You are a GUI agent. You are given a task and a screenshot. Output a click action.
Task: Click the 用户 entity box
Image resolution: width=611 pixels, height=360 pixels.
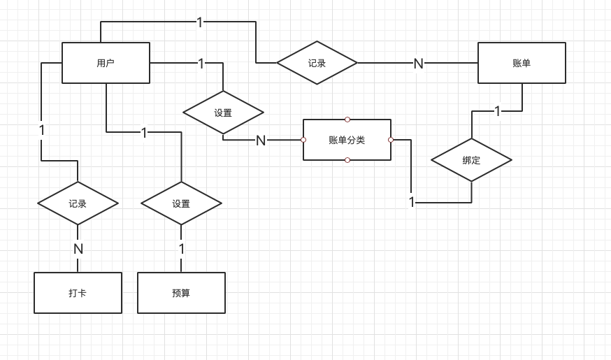click(x=106, y=63)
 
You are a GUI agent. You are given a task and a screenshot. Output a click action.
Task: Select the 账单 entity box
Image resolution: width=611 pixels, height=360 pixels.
click(x=522, y=63)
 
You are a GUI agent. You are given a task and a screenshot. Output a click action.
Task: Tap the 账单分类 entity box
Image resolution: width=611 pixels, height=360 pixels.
click(x=347, y=140)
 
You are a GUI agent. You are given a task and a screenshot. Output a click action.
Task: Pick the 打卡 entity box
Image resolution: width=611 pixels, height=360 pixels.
click(x=78, y=293)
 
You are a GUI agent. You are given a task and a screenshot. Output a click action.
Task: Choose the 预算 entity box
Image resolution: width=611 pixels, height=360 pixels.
click(x=181, y=293)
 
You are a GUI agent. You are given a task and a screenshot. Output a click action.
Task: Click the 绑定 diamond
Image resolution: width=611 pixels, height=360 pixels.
click(x=471, y=160)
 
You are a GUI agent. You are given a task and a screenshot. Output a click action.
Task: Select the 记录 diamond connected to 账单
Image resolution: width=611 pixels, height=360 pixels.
click(x=317, y=63)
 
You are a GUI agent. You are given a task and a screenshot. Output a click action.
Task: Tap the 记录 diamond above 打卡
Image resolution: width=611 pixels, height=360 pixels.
click(x=78, y=203)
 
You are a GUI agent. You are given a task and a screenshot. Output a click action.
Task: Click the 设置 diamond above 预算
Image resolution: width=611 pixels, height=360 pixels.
click(x=181, y=203)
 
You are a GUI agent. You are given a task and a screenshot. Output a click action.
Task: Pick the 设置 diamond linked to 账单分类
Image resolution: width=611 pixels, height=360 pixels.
click(x=223, y=112)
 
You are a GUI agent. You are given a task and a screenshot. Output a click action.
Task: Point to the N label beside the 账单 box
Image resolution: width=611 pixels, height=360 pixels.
click(x=418, y=64)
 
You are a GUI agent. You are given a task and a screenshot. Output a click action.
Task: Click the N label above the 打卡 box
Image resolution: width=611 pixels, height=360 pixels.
click(x=78, y=248)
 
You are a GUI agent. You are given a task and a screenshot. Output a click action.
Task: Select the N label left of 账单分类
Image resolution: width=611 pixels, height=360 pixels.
click(x=261, y=141)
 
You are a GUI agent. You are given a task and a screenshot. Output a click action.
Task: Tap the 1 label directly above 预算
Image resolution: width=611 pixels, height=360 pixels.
click(x=182, y=248)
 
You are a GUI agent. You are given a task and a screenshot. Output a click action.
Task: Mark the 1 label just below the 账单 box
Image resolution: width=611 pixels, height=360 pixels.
click(x=498, y=110)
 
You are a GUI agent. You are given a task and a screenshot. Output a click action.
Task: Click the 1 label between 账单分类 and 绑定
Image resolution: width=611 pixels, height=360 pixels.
click(x=412, y=202)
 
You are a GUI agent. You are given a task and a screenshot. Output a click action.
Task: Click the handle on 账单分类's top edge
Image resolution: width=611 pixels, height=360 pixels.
click(x=347, y=120)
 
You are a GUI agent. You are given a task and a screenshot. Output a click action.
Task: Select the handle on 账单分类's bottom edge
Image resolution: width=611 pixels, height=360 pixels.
click(x=347, y=160)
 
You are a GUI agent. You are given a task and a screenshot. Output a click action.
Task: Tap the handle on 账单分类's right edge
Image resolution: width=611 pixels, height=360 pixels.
click(x=390, y=140)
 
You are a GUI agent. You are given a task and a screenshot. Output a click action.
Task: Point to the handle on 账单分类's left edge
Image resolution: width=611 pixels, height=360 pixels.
click(x=303, y=140)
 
